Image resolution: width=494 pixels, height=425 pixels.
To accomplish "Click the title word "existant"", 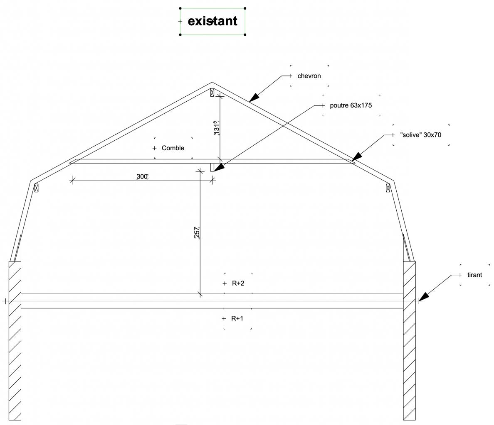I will tap(212, 21).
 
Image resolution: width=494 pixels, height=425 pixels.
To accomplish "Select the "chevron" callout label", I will tap(309, 76).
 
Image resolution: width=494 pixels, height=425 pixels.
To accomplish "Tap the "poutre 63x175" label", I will tap(351, 105).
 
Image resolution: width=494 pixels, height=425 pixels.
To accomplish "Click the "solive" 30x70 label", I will tap(420, 135).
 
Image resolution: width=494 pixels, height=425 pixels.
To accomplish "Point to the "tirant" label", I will tap(474, 275).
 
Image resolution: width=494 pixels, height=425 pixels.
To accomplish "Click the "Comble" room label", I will tap(173, 148).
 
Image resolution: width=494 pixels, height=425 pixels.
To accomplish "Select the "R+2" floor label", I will tap(238, 283).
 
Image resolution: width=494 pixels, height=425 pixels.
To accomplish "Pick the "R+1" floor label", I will tap(237, 319).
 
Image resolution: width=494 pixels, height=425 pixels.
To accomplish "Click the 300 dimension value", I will tap(142, 177).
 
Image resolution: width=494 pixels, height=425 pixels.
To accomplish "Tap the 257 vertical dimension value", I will tap(197, 232).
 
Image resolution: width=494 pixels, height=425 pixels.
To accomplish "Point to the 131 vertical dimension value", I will tap(216, 128).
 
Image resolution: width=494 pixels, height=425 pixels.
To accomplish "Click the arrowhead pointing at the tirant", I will tap(423, 296).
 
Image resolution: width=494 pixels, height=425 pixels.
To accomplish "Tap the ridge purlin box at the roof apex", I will tap(212, 92).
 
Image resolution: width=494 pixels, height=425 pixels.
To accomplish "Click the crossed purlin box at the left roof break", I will tap(36, 188).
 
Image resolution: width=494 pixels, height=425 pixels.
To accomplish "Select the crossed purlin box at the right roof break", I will tap(388, 188).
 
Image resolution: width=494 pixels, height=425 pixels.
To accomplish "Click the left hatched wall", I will tap(15, 340).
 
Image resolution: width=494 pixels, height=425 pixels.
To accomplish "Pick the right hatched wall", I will tap(409, 340).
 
